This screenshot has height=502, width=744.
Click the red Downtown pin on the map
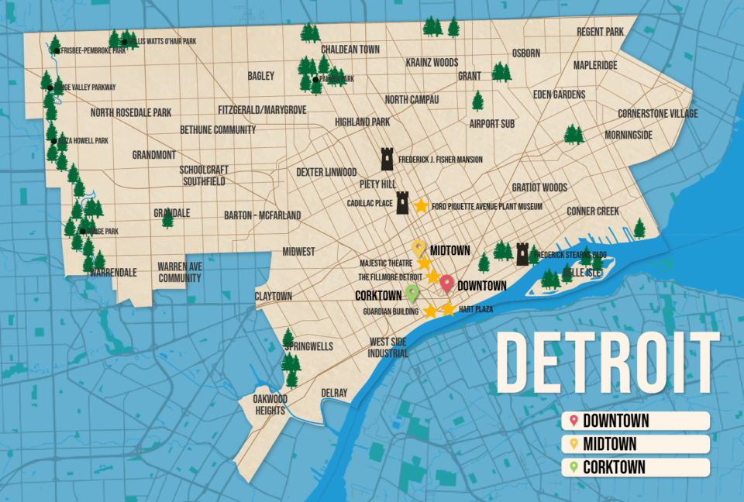pos(447,284)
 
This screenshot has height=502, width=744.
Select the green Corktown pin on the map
pos(412,293)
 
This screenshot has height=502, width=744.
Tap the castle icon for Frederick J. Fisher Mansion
pos(387,159)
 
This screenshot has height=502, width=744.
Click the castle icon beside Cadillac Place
pos(402,203)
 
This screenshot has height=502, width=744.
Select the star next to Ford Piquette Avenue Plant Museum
pos(421,206)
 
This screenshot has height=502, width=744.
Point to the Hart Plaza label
pos(476,309)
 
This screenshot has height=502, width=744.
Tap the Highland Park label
pos(362,122)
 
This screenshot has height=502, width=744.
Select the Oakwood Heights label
pos(270,404)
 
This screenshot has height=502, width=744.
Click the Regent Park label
pos(601,32)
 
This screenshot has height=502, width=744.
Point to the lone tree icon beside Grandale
pos(167,218)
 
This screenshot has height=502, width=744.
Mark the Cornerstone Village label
pos(657,114)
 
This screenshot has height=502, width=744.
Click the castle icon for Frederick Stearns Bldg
pos(523,253)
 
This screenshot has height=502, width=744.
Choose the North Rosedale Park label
pos(130,113)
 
